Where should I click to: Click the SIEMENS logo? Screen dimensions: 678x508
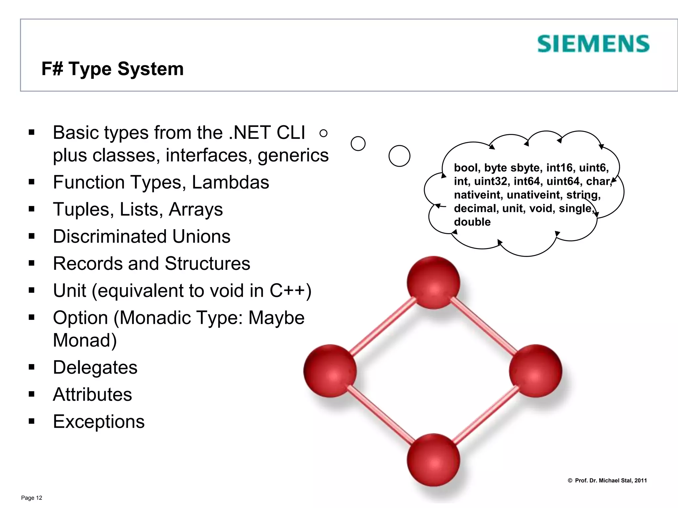pos(593,44)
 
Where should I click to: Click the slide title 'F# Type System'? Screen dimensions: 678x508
pos(112,69)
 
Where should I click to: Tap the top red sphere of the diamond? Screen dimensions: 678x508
pos(433,282)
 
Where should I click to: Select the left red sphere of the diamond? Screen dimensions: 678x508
pos(330,370)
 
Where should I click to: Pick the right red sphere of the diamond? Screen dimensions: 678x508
pos(535,370)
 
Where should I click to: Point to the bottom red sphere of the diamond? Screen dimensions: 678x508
pos(433,460)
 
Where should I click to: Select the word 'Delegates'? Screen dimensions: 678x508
pos(95,367)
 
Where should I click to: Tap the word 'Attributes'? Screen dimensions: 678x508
pos(92,395)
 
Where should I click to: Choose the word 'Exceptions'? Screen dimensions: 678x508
pos(99,422)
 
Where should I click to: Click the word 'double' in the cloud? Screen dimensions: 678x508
pos(472,222)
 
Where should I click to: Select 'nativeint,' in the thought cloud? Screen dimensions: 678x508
pos(478,195)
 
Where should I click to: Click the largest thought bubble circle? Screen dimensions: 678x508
pos(399,156)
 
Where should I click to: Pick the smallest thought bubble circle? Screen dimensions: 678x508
pos(323,133)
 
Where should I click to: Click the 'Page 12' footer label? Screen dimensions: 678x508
pos(31,498)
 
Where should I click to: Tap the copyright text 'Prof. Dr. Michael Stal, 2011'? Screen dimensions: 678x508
pos(610,481)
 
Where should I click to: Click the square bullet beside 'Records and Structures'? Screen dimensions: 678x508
pos(32,264)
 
